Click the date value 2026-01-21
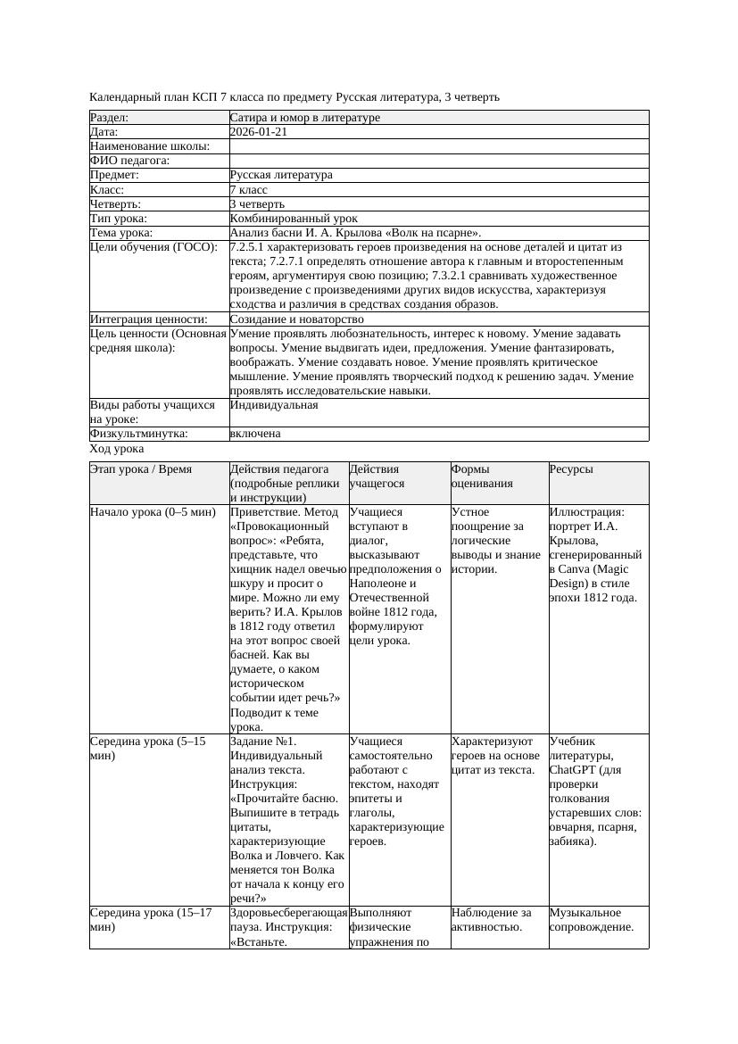258,132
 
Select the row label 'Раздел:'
110,118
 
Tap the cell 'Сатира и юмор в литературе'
304,118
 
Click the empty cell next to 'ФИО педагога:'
438,161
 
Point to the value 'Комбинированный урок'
294,218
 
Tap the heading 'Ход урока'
117,450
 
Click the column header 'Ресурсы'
571,469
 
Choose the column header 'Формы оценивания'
483,476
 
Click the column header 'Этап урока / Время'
141,469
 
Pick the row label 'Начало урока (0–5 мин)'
153,513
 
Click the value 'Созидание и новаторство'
296,319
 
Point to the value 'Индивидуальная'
274,405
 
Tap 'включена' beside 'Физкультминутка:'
255,434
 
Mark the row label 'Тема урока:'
121,232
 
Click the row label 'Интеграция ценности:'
148,319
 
